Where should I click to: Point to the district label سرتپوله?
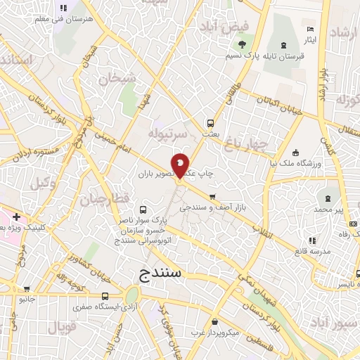[x=167, y=132]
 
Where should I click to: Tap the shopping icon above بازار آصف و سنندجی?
[x=212, y=197]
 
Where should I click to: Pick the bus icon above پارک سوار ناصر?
[x=143, y=210]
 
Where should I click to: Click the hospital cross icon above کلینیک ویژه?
[x=16, y=217]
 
